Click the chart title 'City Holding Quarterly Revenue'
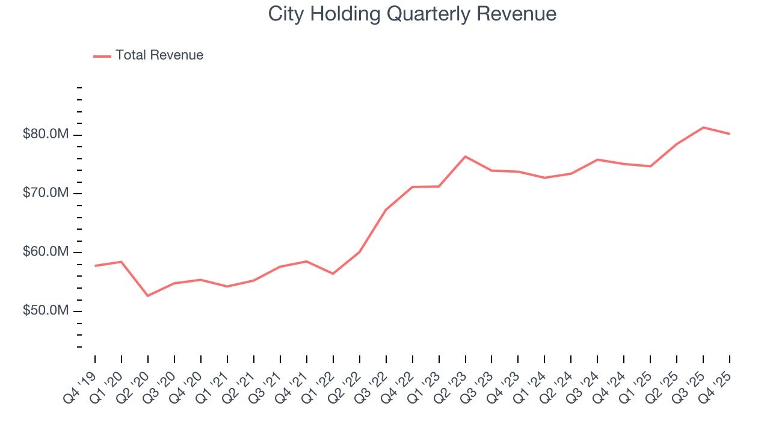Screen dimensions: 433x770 pos(412,14)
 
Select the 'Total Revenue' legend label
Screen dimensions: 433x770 pos(159,55)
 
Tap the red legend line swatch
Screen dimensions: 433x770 pos(102,56)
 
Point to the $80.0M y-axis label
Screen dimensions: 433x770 pos(46,134)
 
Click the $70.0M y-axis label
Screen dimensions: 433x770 pos(46,193)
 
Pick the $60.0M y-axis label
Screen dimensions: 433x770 pos(46,252)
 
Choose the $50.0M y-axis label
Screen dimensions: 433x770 pos(46,311)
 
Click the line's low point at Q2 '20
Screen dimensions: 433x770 pos(148,296)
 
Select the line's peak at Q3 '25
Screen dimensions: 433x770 pos(703,127)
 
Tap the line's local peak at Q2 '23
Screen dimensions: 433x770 pos(465,156)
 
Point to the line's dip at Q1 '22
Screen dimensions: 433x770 pos(333,274)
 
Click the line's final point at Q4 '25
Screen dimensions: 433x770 pos(730,134)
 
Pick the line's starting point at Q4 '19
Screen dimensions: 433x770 pos(95,266)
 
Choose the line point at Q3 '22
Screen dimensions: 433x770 pos(386,210)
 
